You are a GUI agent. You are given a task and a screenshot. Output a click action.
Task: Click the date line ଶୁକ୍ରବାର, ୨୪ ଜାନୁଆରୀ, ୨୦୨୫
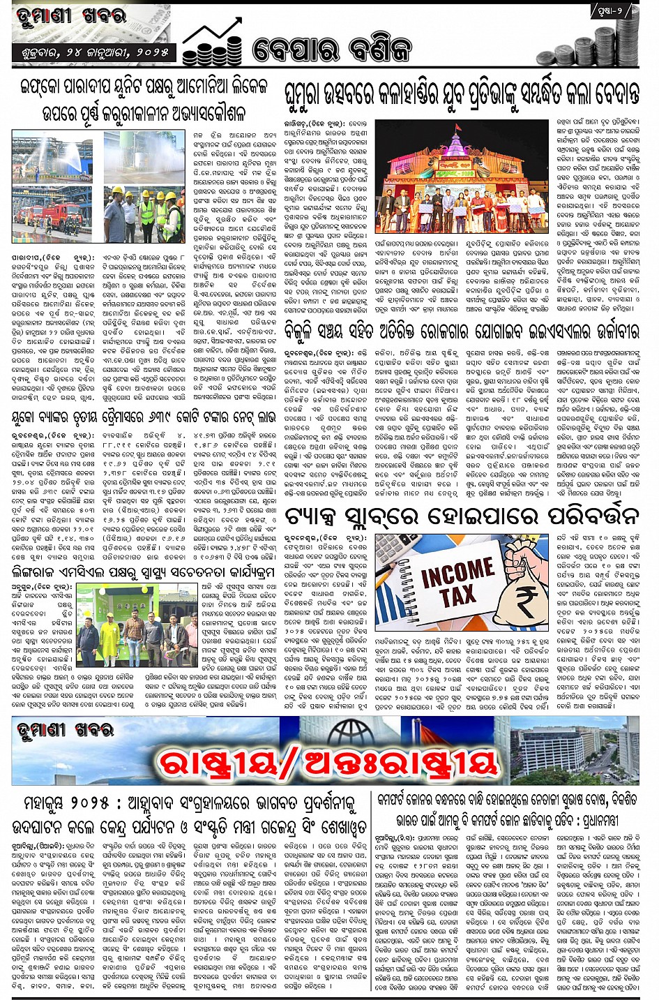click(x=91, y=52)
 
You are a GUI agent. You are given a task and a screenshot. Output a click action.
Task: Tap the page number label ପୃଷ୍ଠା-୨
click(x=614, y=11)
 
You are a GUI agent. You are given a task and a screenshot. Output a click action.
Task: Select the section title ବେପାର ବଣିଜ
click(x=332, y=50)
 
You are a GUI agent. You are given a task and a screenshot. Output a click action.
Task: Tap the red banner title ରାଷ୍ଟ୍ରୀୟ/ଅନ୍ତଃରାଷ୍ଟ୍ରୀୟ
click(x=328, y=762)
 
